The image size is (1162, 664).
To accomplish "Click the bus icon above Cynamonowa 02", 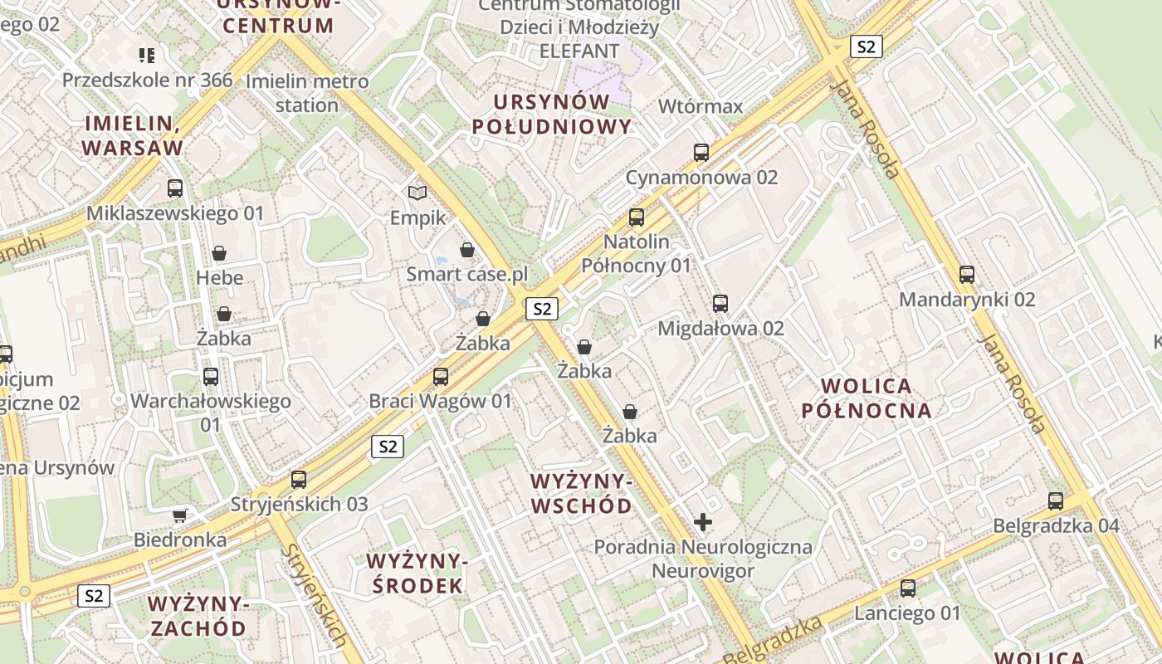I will pyautogui.click(x=701, y=152).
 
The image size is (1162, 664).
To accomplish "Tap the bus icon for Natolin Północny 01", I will pyautogui.click(x=637, y=217).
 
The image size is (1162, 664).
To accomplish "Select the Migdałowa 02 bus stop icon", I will pyautogui.click(x=720, y=304).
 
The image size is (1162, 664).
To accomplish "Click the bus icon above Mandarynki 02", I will pyautogui.click(x=967, y=275).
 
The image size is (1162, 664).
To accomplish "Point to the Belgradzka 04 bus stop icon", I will pyautogui.click(x=1056, y=501).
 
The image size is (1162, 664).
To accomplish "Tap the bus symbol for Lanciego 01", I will pyautogui.click(x=908, y=588).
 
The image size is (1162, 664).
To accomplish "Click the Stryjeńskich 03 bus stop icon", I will pyautogui.click(x=299, y=480).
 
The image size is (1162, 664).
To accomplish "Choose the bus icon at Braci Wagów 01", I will pyautogui.click(x=441, y=377).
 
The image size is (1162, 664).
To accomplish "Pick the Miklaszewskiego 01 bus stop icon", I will pyautogui.click(x=175, y=188).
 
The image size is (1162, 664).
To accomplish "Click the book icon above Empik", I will pyautogui.click(x=417, y=193).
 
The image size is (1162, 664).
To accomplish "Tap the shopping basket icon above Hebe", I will pyautogui.click(x=220, y=252).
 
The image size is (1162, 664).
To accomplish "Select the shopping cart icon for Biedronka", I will pyautogui.click(x=179, y=515).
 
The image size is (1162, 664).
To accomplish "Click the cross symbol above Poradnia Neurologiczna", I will pyautogui.click(x=703, y=522).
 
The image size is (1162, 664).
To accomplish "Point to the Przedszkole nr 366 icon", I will pyautogui.click(x=147, y=56).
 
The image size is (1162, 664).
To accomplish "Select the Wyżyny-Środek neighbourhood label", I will pyautogui.click(x=417, y=574).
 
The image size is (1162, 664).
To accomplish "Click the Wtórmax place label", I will pyautogui.click(x=701, y=106).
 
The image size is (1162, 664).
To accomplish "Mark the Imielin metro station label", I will pyautogui.click(x=307, y=93).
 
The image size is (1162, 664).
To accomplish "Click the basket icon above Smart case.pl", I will pyautogui.click(x=467, y=250).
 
